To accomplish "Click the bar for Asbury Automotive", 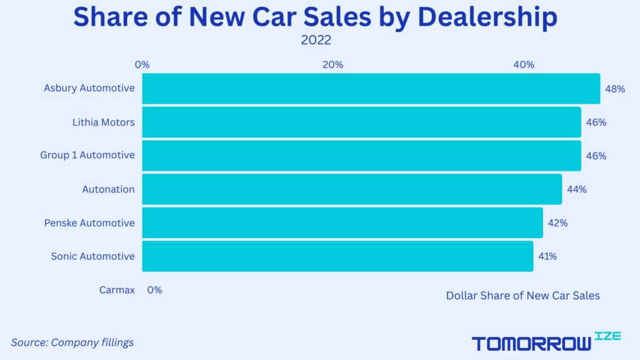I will coord(371,89).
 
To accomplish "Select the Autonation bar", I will coord(352,189).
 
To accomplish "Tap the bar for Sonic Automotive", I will coord(337,256).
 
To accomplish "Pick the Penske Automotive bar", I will coord(342,223).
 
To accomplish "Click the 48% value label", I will coord(615,89).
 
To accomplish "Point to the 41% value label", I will coord(547,256).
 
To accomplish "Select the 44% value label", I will coord(576,189).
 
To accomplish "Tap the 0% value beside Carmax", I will coord(154,290).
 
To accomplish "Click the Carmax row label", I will coord(117,290).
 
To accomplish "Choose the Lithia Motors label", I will coord(103,122).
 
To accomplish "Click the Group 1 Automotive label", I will coord(87,156).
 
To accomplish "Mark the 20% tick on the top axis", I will coord(332,64).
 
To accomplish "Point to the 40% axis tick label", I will coord(524,64).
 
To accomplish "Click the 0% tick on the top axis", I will coord(142,64).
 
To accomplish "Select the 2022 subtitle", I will coord(316,40).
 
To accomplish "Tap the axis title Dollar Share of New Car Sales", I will coord(522,296).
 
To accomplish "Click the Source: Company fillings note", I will coord(72,342).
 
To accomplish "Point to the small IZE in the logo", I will coord(608,336).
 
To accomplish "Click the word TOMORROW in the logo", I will coord(531,343).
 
